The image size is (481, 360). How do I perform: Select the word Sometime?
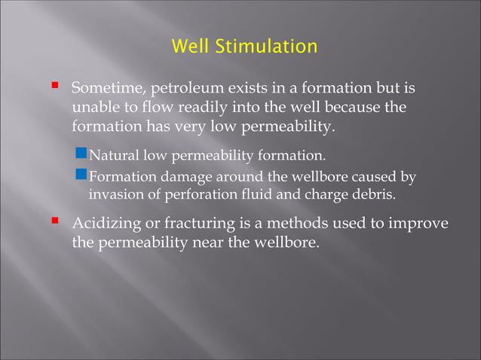107,90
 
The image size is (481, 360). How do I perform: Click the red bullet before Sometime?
55,87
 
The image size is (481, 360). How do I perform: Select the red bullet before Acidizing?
55,222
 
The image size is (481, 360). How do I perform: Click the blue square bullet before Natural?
83,155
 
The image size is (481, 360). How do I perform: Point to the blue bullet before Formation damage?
83,175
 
